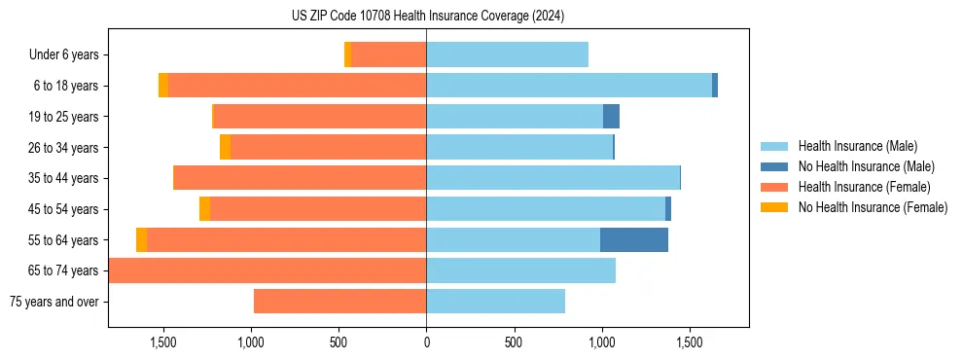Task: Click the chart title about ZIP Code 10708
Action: [x=427, y=17]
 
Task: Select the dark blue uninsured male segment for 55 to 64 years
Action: [x=634, y=240]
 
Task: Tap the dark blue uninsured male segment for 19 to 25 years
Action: [x=611, y=117]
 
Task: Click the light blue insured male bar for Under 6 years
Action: [x=507, y=55]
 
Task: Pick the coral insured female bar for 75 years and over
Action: [x=339, y=302]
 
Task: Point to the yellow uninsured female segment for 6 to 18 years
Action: [x=163, y=86]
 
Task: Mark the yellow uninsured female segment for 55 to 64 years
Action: [x=142, y=240]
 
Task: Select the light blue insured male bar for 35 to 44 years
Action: [x=553, y=178]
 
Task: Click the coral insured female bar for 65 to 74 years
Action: [x=267, y=270]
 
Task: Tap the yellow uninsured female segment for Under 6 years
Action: [x=348, y=55]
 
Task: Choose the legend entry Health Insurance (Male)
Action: [x=857, y=146]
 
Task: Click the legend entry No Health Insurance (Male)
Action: [x=866, y=166]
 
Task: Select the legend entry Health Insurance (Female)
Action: [x=864, y=187]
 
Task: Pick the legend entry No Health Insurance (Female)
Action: [x=873, y=207]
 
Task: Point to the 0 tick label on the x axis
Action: [x=426, y=343]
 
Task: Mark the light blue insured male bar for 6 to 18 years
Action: [x=569, y=86]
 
